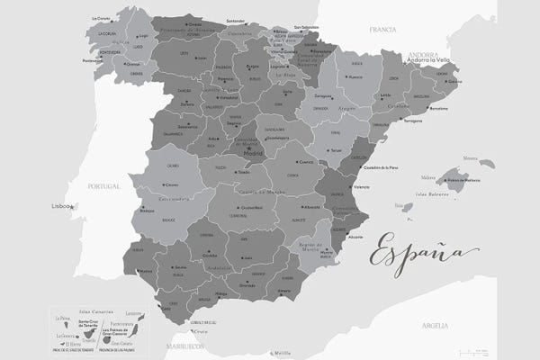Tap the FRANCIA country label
pos(382,30)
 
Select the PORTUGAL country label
pos(104,186)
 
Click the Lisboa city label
pos(62,206)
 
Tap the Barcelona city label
pos(439,109)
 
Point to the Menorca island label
pos(471,158)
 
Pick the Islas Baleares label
pos(433,193)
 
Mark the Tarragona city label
pos(414,120)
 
